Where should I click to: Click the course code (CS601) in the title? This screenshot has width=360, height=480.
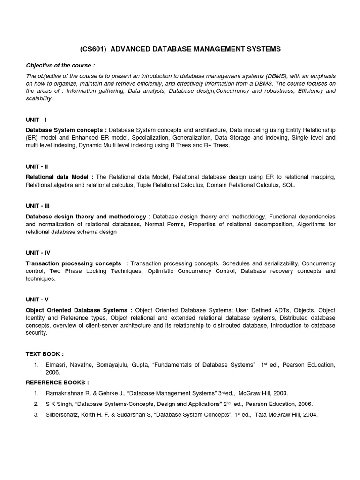93,49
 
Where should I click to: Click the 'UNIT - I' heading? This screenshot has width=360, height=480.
36,120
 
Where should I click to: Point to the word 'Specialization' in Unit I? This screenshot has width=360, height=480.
150,138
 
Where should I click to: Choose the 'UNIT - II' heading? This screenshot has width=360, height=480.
37,166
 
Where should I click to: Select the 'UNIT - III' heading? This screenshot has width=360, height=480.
38,206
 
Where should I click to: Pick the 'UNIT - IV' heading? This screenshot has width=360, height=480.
38,253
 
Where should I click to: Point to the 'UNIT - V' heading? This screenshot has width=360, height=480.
37,299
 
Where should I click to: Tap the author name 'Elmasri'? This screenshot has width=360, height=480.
56,365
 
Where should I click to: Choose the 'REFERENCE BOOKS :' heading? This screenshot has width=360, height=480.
57,382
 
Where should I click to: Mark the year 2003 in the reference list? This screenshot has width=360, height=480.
279,393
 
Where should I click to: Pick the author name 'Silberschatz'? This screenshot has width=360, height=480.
63,415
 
